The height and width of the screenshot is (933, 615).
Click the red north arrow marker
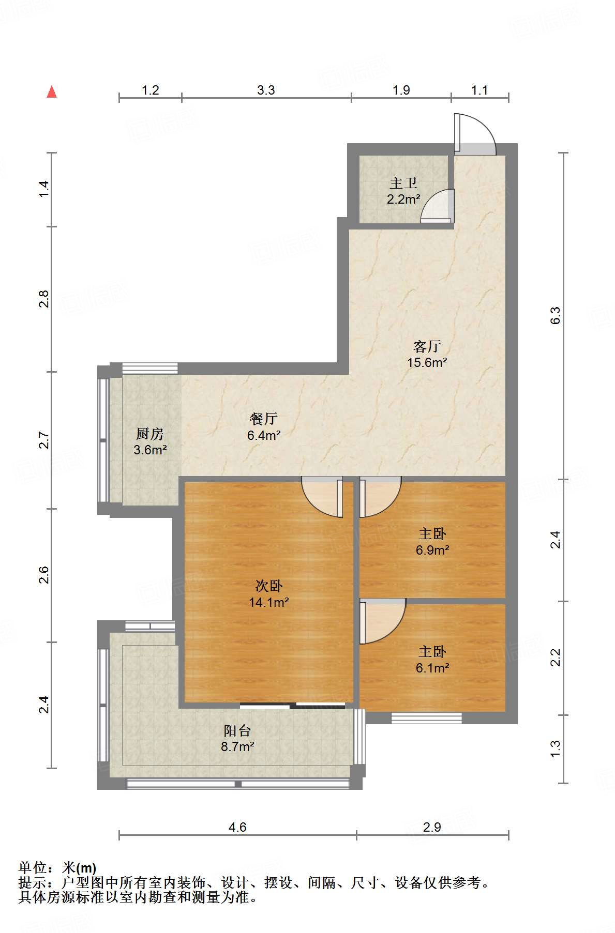[52, 91]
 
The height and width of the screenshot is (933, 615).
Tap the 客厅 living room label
[427, 346]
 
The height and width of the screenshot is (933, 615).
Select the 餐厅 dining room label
[264, 419]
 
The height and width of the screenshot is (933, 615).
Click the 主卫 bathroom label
[403, 183]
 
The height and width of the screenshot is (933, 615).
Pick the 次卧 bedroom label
[269, 586]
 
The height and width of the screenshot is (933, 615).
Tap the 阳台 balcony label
[237, 730]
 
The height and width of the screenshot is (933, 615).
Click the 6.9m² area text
[432, 550]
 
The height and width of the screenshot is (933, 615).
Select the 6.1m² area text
[432, 668]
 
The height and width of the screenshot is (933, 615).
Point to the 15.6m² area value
[427, 362]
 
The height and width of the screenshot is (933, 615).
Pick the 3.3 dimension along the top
[266, 90]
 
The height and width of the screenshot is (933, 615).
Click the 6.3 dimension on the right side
[555, 315]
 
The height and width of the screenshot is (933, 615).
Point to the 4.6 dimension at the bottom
[237, 828]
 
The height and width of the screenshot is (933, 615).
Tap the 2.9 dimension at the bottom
[432, 828]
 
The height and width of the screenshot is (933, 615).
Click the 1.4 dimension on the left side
[44, 188]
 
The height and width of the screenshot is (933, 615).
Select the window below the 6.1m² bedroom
[427, 717]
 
